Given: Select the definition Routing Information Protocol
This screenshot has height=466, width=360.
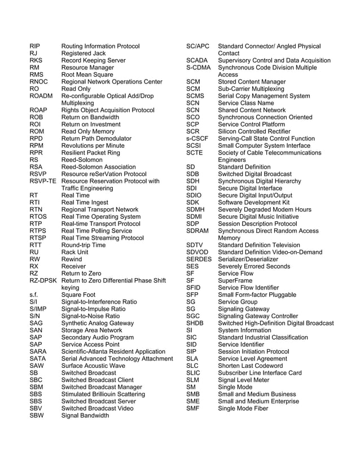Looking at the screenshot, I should point(100,46).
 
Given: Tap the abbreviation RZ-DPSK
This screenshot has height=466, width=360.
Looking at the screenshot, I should point(43,280).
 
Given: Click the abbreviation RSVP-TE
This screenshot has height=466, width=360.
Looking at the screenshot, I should point(43,181).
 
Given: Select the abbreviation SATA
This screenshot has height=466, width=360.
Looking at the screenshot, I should point(38,359).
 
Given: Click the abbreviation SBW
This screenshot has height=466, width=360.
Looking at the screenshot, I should point(37,416).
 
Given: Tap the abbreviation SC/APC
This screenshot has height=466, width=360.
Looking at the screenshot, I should point(197,46).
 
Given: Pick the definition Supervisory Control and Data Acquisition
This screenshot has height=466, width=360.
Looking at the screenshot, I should point(274,60).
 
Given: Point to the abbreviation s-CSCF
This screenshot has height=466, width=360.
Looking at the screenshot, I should point(197,138).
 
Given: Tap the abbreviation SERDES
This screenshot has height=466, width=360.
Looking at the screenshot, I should point(199,259).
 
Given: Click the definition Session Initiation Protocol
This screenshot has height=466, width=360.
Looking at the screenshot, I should point(253,351).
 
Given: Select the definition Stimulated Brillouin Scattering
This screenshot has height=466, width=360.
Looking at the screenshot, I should point(103,394).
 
